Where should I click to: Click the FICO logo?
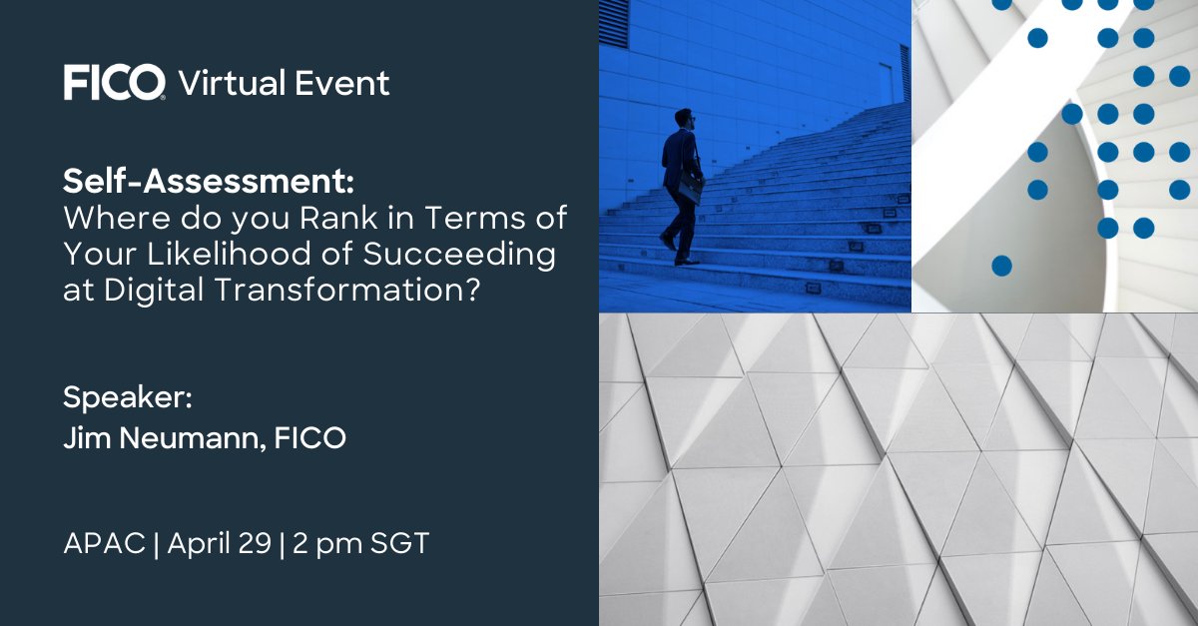[114, 83]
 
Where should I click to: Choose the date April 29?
[219, 545]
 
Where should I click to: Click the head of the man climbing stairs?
[684, 119]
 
